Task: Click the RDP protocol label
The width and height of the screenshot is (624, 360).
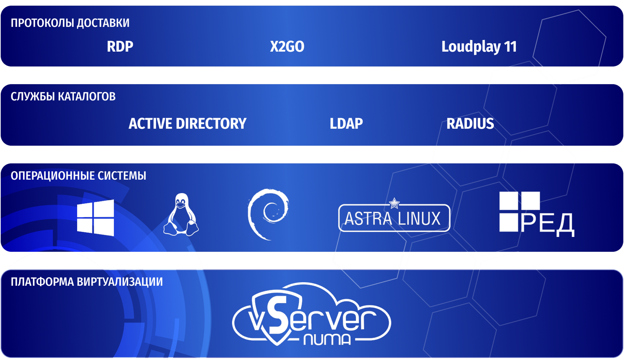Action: pos(120,47)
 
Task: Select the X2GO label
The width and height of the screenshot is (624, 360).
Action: pos(287,47)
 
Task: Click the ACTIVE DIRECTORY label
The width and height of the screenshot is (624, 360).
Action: pos(187,124)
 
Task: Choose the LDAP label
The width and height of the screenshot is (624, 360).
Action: pos(346,124)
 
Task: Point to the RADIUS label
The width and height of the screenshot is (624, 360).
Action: pos(470,124)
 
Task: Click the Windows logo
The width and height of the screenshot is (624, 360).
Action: pos(96,217)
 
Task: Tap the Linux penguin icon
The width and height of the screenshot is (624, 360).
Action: pos(181,214)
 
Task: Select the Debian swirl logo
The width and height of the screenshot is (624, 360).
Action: pos(268,214)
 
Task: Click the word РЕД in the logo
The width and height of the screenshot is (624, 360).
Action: pos(547,224)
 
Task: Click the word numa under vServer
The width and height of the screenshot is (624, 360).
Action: pos(327,339)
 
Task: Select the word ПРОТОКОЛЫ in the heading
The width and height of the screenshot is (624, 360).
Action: pos(42,23)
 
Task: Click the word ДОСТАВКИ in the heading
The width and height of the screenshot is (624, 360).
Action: pos(103,23)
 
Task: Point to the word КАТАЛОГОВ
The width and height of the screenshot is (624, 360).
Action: pos(87,97)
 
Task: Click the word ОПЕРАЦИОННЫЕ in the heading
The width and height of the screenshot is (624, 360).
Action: pos(53,176)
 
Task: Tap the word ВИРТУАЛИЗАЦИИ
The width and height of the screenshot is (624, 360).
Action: pos(120,282)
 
